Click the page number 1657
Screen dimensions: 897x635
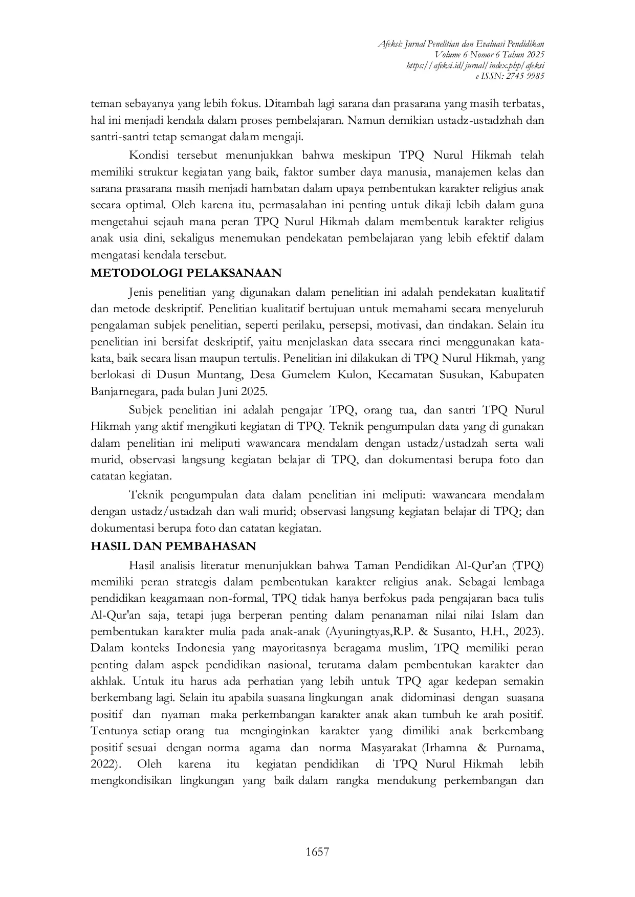click(x=317, y=851)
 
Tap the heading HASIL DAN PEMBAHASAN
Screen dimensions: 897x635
click(x=173, y=546)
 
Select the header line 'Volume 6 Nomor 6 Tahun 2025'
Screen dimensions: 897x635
click(x=489, y=54)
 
